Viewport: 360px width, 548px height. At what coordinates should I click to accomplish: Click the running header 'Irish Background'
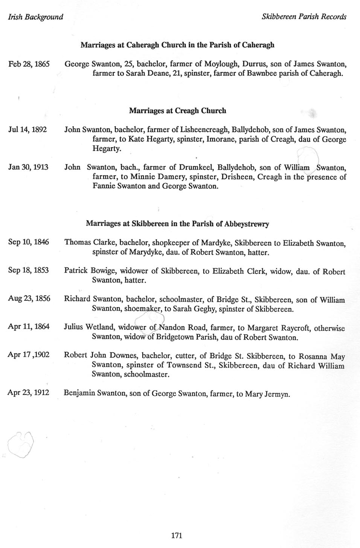coord(35,17)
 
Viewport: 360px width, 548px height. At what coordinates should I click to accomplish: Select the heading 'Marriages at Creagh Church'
coord(177,111)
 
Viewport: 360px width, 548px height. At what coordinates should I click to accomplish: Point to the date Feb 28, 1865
coord(29,64)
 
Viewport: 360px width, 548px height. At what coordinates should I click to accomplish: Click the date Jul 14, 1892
coord(27,130)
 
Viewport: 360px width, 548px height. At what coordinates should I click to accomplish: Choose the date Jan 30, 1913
coord(28,167)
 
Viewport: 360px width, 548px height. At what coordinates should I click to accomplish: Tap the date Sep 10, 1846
coord(29,242)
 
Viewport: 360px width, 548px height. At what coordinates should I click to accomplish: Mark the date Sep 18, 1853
coord(28,270)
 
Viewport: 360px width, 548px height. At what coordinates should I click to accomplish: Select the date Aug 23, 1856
coord(29,298)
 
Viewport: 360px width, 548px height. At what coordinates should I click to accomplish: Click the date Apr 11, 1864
coord(29,326)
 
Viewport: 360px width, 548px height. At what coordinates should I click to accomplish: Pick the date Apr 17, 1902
coord(29,355)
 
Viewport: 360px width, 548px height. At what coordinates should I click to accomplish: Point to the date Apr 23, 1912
coord(28,393)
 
